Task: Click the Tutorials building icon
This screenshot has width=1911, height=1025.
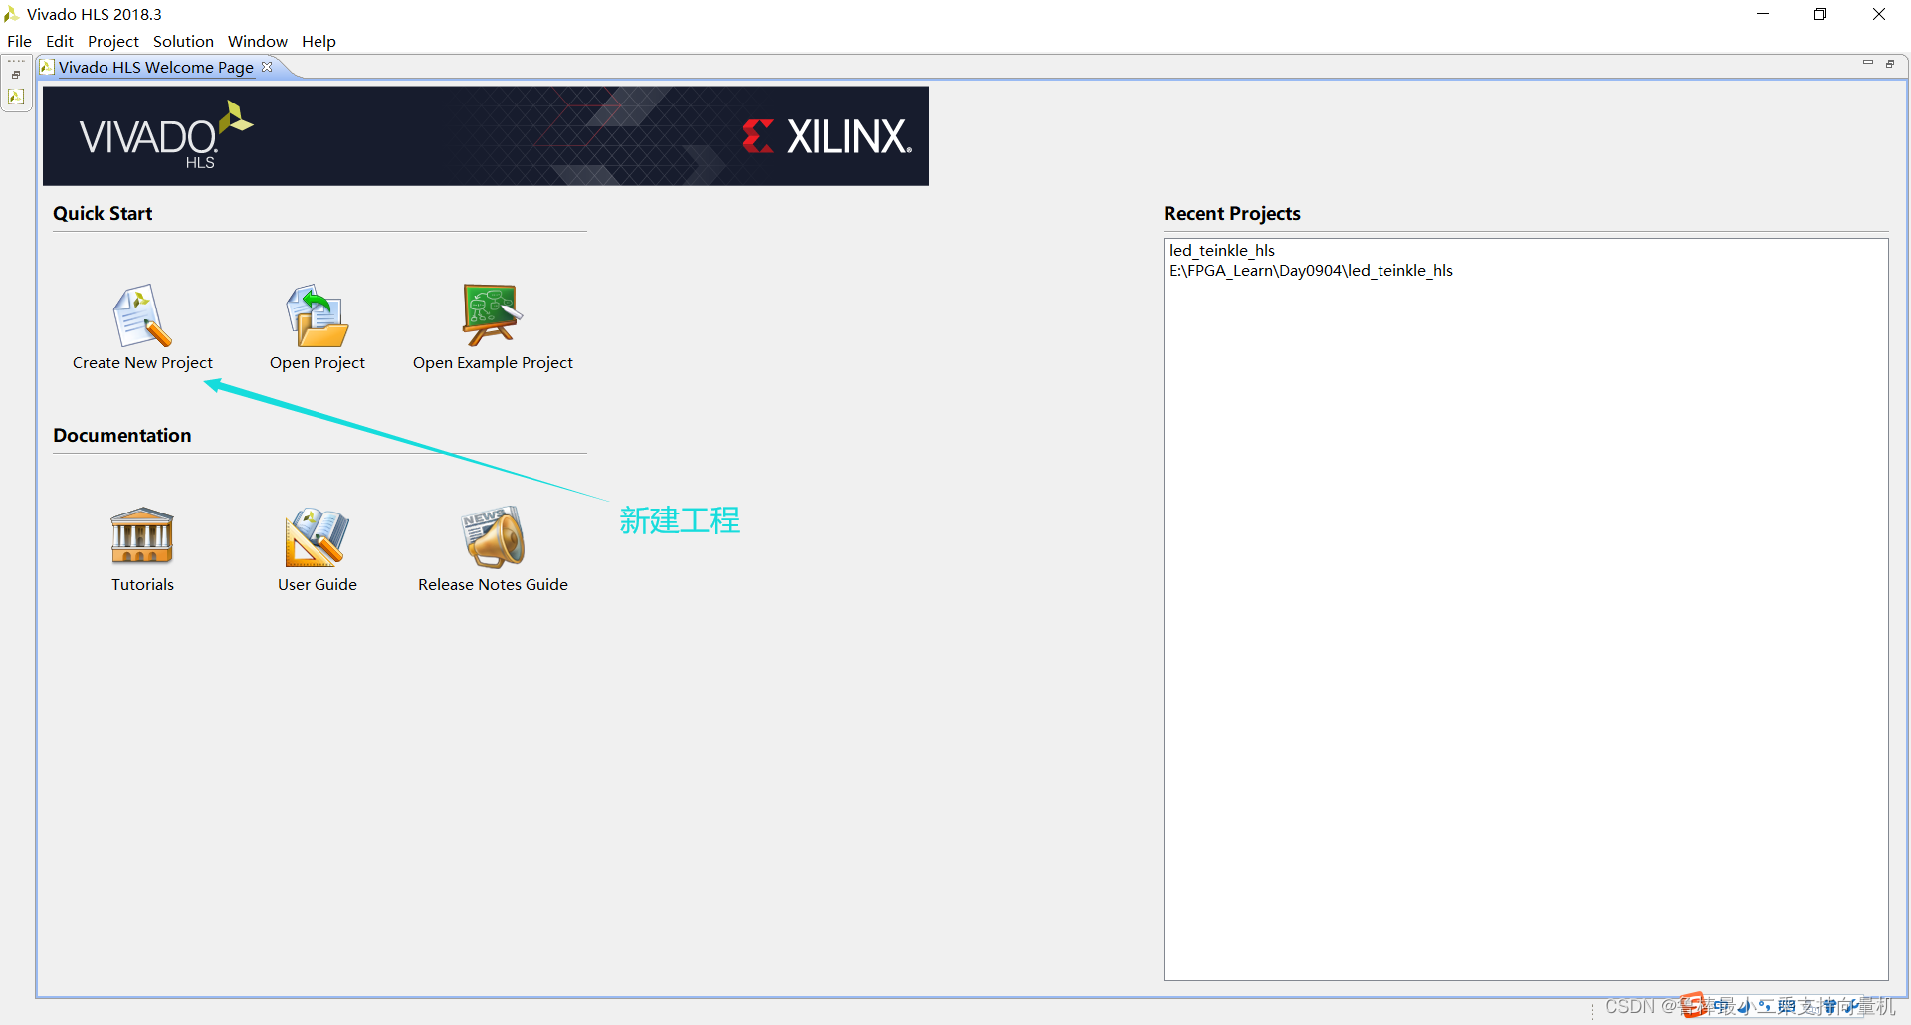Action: pos(142,536)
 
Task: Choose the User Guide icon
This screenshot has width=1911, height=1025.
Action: pos(317,537)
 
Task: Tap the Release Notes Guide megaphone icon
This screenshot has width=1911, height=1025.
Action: pos(493,537)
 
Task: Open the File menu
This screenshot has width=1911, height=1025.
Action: pos(19,41)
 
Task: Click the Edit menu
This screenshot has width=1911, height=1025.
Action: pos(60,41)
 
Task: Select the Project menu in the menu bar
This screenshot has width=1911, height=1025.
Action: pos(112,41)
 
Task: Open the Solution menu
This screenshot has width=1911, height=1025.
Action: pos(183,41)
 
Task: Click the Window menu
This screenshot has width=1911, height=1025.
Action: pos(257,41)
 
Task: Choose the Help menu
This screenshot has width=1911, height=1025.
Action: pos(318,41)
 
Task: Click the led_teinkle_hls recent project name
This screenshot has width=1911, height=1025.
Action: pos(1221,250)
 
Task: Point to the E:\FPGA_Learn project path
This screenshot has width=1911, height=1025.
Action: pos(1311,271)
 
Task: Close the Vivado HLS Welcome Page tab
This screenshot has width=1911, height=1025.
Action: pos(267,67)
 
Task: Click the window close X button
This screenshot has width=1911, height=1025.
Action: pos(1878,14)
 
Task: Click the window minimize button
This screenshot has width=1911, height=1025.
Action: pos(1763,14)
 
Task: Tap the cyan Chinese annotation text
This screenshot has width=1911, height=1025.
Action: pos(679,520)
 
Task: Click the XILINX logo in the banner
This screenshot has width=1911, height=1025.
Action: pos(827,136)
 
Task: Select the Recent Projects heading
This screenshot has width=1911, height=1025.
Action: pos(1231,214)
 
